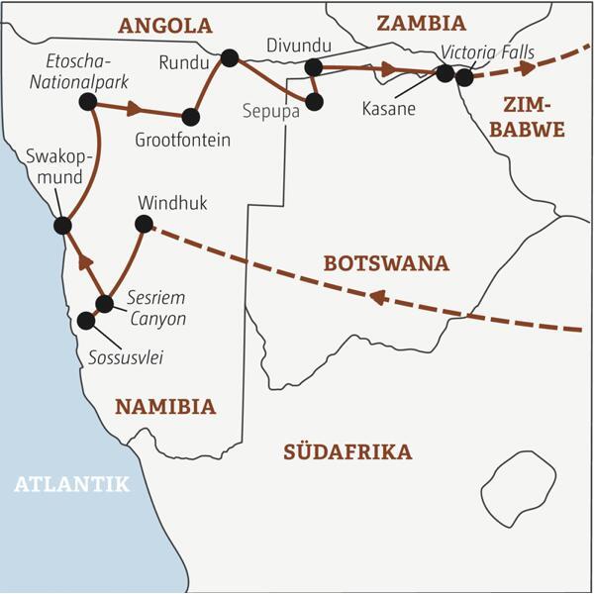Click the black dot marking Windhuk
tap(144, 225)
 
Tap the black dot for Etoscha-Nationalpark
tap(88, 101)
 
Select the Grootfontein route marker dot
tap(190, 116)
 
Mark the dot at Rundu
tap(230, 58)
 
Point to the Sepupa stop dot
tap(315, 101)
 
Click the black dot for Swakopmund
tap(62, 226)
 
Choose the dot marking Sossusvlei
tap(86, 321)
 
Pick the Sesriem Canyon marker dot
tap(104, 303)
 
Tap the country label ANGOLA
tap(165, 25)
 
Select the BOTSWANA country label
tap(386, 263)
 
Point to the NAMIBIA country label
tap(164, 406)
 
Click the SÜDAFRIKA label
tap(347, 452)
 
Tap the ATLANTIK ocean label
tap(71, 483)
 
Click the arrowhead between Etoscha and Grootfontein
tap(135, 109)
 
